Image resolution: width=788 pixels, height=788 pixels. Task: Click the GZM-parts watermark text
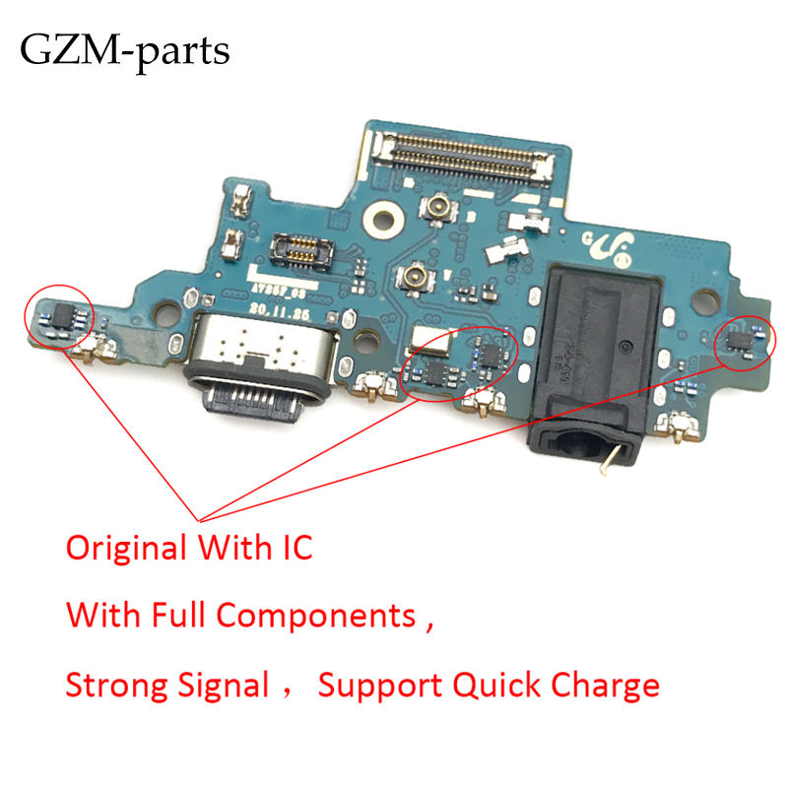pos(125,49)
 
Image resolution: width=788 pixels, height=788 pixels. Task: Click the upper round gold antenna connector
pos(430,207)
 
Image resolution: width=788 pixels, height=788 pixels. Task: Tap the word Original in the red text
pos(128,549)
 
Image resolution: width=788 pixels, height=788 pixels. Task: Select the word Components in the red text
pos(315,618)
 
